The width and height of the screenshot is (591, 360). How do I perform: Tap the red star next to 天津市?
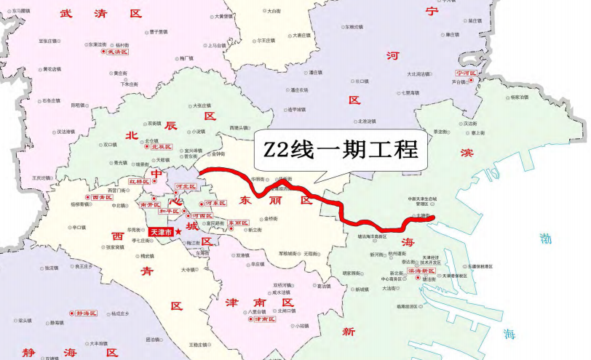(x=178, y=231)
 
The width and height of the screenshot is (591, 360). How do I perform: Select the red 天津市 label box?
(x=160, y=232)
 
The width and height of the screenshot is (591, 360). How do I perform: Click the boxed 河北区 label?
(x=187, y=187)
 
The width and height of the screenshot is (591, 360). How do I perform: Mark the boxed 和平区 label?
(x=169, y=211)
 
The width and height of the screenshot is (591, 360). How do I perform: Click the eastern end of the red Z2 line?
(x=432, y=217)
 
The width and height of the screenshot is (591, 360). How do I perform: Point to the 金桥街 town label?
(x=271, y=218)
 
